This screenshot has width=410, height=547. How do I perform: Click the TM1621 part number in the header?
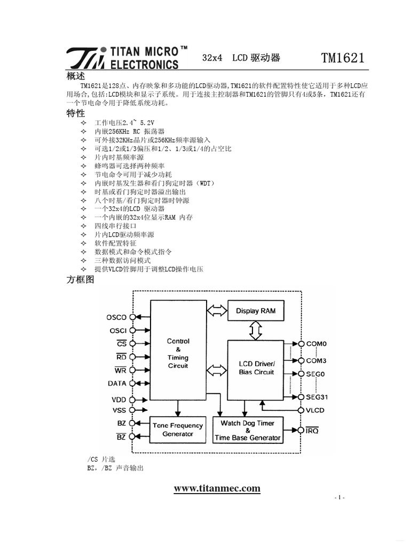tap(343, 58)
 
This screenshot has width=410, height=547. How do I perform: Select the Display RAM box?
tap(255, 311)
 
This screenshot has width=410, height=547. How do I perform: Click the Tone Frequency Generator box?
tap(178, 429)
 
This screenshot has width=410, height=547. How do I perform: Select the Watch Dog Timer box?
tap(247, 430)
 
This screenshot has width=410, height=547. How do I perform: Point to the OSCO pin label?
tap(116, 317)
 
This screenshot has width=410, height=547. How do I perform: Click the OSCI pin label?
tap(117, 331)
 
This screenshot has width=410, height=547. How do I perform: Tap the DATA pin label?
tap(117, 383)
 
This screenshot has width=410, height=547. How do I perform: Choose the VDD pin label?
tap(119, 400)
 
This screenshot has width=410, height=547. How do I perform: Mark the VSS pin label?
tap(119, 410)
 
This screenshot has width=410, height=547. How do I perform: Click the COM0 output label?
tap(317, 344)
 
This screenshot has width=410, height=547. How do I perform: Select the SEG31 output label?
tap(317, 397)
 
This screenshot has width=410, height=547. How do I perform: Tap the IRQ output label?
tap(312, 431)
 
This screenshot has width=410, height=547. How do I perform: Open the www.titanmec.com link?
tap(217, 488)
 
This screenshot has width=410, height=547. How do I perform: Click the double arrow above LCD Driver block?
tap(255, 330)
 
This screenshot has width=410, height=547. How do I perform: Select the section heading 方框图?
tap(80, 279)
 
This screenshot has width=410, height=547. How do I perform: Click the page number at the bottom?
tap(340, 498)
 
